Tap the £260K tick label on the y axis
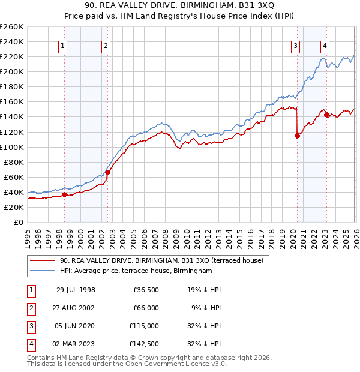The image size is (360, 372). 12,27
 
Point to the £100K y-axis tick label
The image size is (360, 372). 12,147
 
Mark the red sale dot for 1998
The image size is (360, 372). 64,194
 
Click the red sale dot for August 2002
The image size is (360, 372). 107,172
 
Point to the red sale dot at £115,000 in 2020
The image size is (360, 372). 297,136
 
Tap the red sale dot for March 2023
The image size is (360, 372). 326,115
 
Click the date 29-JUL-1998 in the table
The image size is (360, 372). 76,290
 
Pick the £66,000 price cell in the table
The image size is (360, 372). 145,308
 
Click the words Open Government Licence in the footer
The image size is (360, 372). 171,364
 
